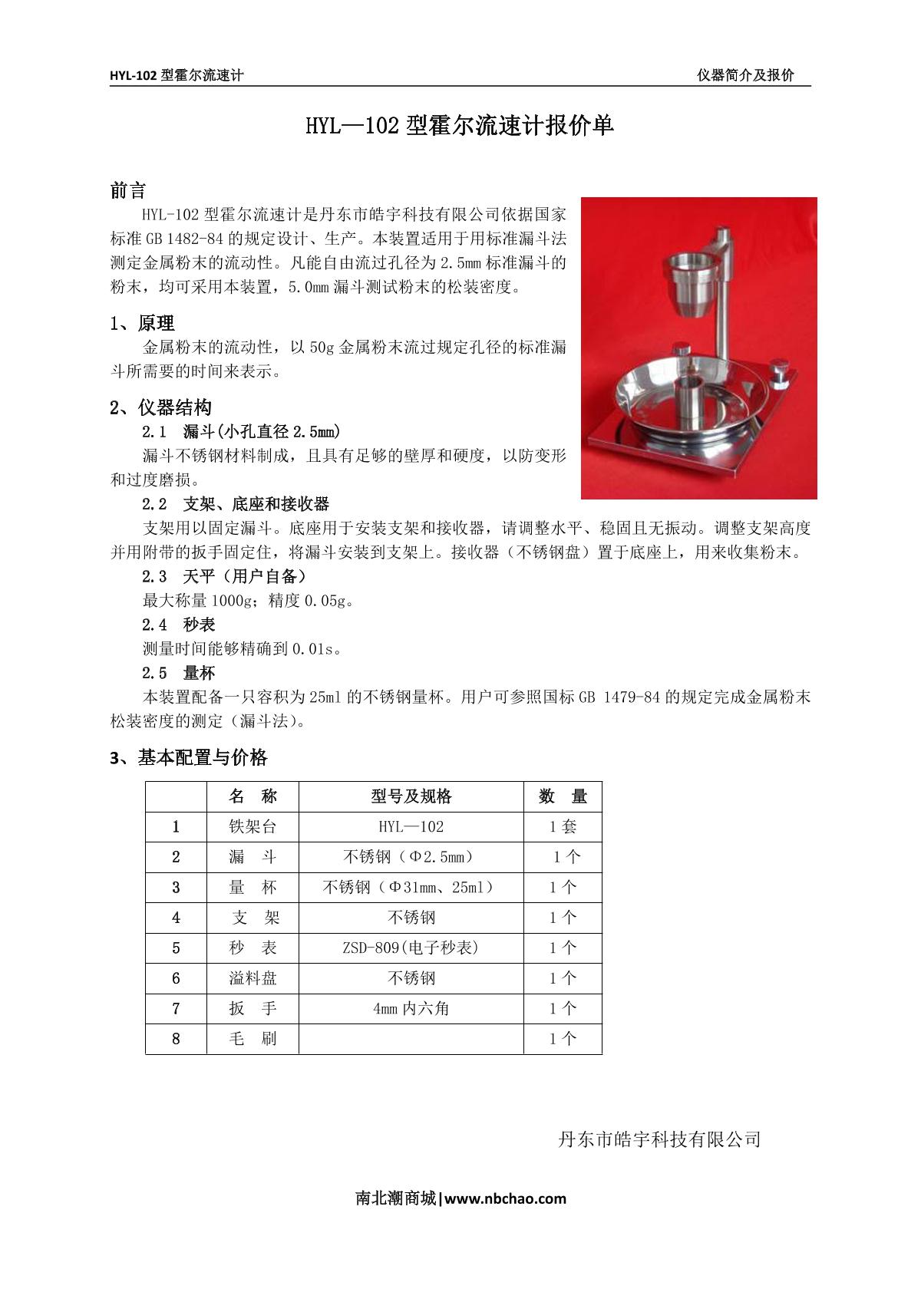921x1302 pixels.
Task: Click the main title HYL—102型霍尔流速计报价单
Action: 460,125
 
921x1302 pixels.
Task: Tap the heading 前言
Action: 128,190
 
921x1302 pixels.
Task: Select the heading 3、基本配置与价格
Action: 189,758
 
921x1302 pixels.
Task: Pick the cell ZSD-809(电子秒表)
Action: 411,948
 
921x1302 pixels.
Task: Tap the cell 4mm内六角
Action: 411,1008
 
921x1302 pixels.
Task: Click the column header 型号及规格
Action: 411,796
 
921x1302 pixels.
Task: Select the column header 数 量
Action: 563,796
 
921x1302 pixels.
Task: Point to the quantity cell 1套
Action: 563,826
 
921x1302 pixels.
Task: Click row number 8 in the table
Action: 176,1039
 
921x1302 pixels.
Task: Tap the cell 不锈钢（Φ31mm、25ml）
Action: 411,887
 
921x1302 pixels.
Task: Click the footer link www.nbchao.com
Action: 505,1198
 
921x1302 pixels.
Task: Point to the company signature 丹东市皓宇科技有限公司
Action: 659,1139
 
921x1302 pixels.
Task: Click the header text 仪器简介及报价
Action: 744,75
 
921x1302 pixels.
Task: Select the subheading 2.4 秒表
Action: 179,625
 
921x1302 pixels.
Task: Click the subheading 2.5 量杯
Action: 179,673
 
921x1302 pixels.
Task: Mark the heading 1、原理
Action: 143,323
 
